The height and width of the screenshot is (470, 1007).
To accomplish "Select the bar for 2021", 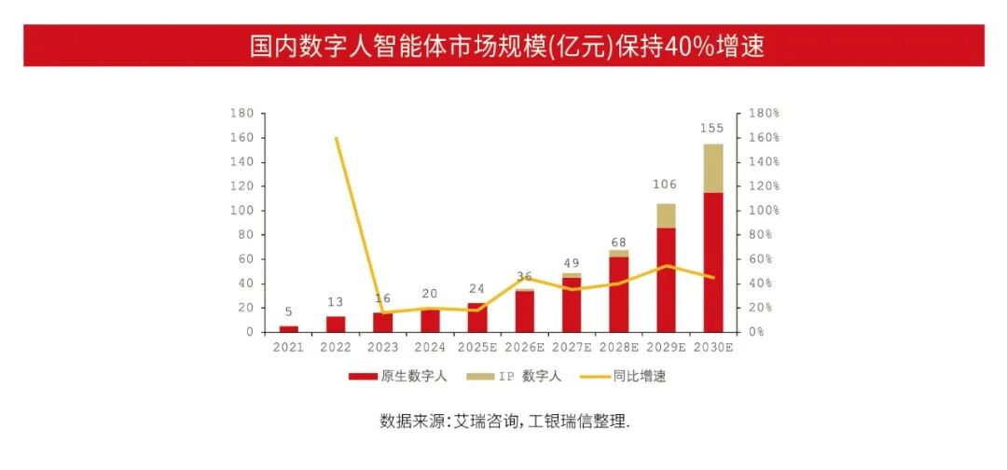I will [x=289, y=328].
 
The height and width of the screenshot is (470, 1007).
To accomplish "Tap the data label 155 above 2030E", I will [x=711, y=129].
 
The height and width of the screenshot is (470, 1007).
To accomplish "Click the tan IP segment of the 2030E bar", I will [x=713, y=168].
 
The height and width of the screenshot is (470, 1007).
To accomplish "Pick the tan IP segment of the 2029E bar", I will [x=666, y=215].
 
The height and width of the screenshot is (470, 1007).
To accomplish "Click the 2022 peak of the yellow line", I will [x=336, y=138].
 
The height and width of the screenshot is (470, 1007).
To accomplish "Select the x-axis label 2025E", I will [x=476, y=348].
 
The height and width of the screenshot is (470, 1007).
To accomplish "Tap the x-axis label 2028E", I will [x=618, y=348].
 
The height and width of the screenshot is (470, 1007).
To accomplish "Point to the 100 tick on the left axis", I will [x=241, y=211].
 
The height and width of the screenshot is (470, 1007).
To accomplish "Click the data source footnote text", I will [x=504, y=421].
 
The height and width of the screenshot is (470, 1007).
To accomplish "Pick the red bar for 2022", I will [x=336, y=324].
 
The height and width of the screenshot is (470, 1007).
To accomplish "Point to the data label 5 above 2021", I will [x=289, y=312].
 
